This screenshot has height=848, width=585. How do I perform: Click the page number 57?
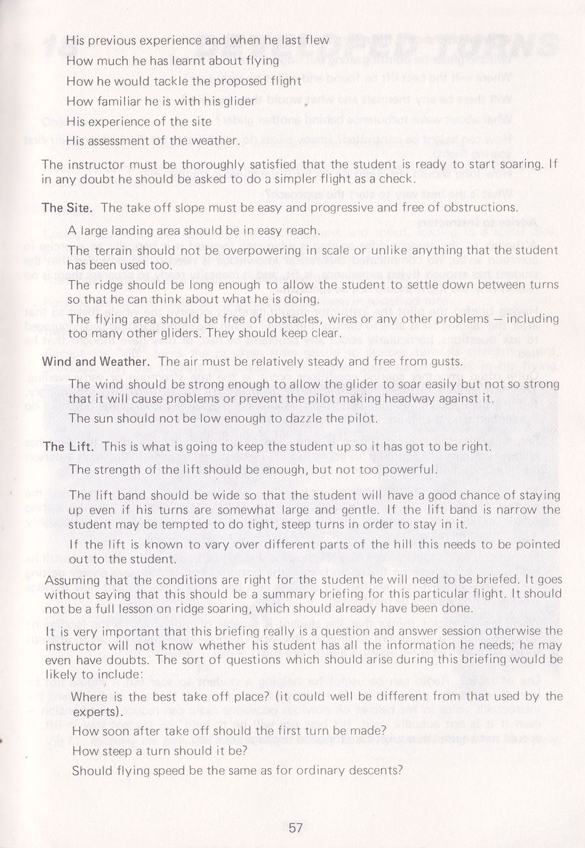coord(296,828)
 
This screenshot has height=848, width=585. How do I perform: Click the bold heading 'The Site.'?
coord(68,208)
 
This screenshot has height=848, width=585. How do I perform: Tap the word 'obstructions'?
coord(481,208)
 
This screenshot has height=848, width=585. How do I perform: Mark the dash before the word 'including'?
coord(500,319)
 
